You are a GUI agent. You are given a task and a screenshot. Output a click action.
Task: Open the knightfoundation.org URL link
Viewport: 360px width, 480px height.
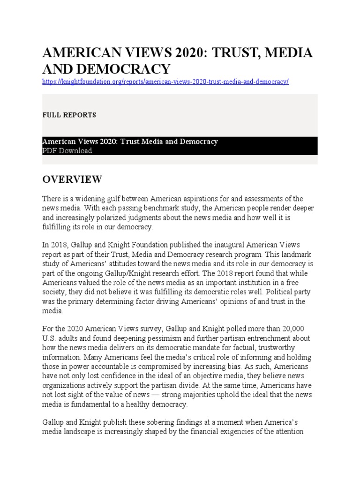[x=165, y=82]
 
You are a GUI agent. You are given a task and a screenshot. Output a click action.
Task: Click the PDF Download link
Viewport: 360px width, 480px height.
[x=67, y=150]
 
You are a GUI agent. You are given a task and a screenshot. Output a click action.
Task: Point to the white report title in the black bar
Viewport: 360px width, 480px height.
[x=130, y=142]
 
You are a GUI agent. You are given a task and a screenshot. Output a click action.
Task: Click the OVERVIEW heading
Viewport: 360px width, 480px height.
[x=72, y=179]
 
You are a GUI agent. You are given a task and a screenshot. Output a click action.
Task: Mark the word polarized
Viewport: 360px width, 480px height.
[x=120, y=217]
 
